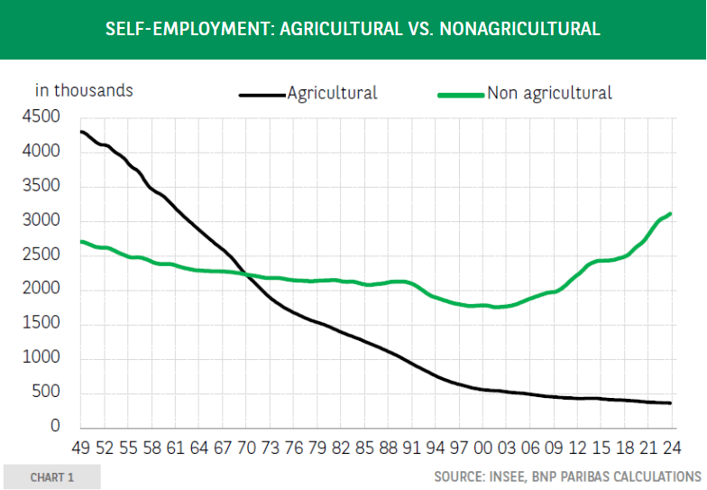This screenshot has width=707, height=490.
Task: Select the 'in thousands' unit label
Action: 84,90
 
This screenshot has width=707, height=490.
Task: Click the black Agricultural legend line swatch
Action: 262,94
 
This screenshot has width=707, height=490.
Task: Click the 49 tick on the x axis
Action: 81,448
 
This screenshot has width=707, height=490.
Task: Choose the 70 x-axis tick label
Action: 245,448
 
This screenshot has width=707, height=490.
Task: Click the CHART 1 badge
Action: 51,476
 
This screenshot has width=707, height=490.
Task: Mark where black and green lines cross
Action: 247,275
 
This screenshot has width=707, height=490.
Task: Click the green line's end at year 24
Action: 670,214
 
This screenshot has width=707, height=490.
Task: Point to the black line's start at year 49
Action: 81,132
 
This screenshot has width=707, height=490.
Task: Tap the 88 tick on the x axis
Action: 388,448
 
